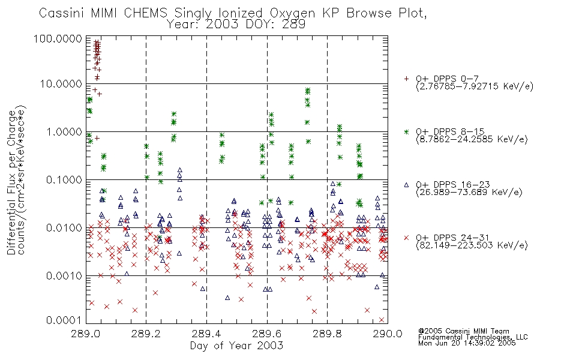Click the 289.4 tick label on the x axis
pos(206,334)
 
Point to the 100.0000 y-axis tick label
pos(58,38)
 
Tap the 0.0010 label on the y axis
pos(64,276)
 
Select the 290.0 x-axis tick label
pos(388,334)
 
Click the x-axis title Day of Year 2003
pos(236,346)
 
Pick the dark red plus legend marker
pos(406,79)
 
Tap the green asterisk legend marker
pos(406,131)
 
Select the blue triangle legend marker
pos(406,185)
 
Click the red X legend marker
pos(406,238)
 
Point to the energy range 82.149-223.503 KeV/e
pos(472,245)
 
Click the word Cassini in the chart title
pos(62,13)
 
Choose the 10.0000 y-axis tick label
pos(61,84)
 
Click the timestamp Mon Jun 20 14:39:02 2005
pos(467,343)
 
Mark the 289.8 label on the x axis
pos(327,334)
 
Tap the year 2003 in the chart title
pos(222,25)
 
